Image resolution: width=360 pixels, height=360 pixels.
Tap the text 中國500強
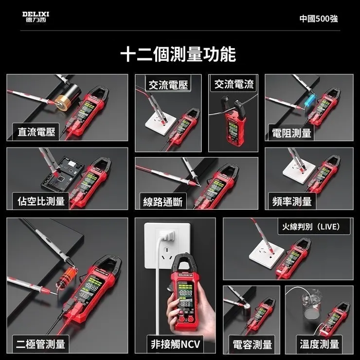(318, 18)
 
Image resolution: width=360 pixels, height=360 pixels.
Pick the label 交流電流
(234, 85)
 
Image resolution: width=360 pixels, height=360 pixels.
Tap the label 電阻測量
(291, 133)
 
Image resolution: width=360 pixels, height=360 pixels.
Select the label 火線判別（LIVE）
(315, 227)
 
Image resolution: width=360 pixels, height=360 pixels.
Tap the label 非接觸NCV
(176, 344)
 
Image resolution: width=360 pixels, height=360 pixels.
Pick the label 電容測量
(252, 344)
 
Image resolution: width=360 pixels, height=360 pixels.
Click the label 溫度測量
(319, 344)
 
